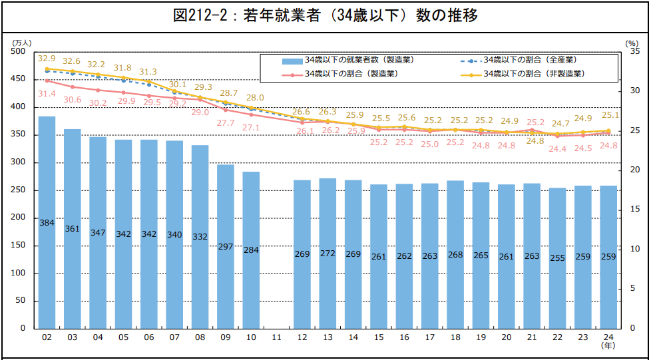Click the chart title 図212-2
(x=325, y=15)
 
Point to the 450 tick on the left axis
(x=19, y=79)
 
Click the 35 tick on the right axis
(x=632, y=51)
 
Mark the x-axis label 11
(x=276, y=337)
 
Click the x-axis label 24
(x=608, y=337)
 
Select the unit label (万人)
(x=22, y=43)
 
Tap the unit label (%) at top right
(x=632, y=43)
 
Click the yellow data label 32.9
(x=47, y=59)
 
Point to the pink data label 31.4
(x=47, y=94)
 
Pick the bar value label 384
(x=47, y=224)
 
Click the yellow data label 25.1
(x=610, y=115)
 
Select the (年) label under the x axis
(x=608, y=347)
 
